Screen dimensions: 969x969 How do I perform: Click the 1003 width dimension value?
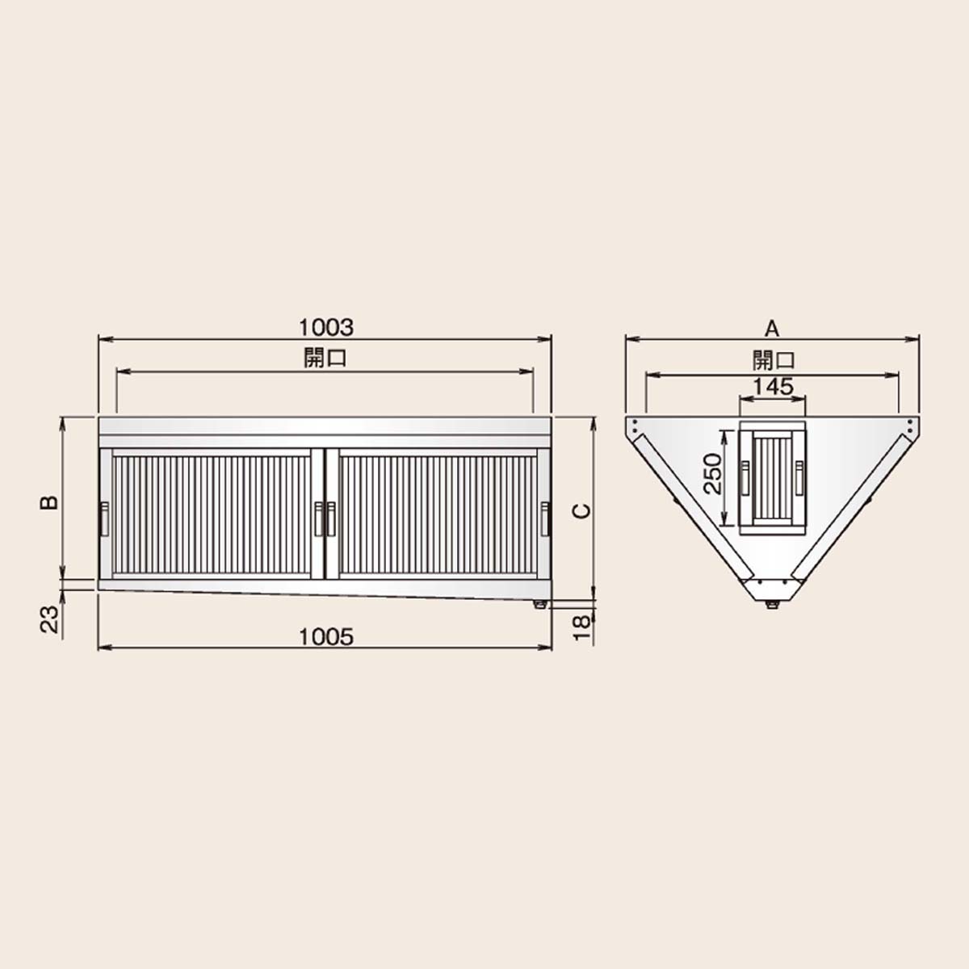pos(326,328)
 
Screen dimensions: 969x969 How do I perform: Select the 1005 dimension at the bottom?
pos(326,637)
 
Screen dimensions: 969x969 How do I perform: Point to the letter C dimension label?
pos(582,511)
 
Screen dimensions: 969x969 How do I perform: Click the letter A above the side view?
pos(772,329)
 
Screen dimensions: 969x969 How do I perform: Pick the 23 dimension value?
pos(48,619)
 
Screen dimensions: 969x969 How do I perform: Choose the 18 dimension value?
pos(582,628)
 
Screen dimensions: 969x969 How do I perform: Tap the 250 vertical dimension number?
pos(712,474)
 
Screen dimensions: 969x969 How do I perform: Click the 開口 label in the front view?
pos(325,359)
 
